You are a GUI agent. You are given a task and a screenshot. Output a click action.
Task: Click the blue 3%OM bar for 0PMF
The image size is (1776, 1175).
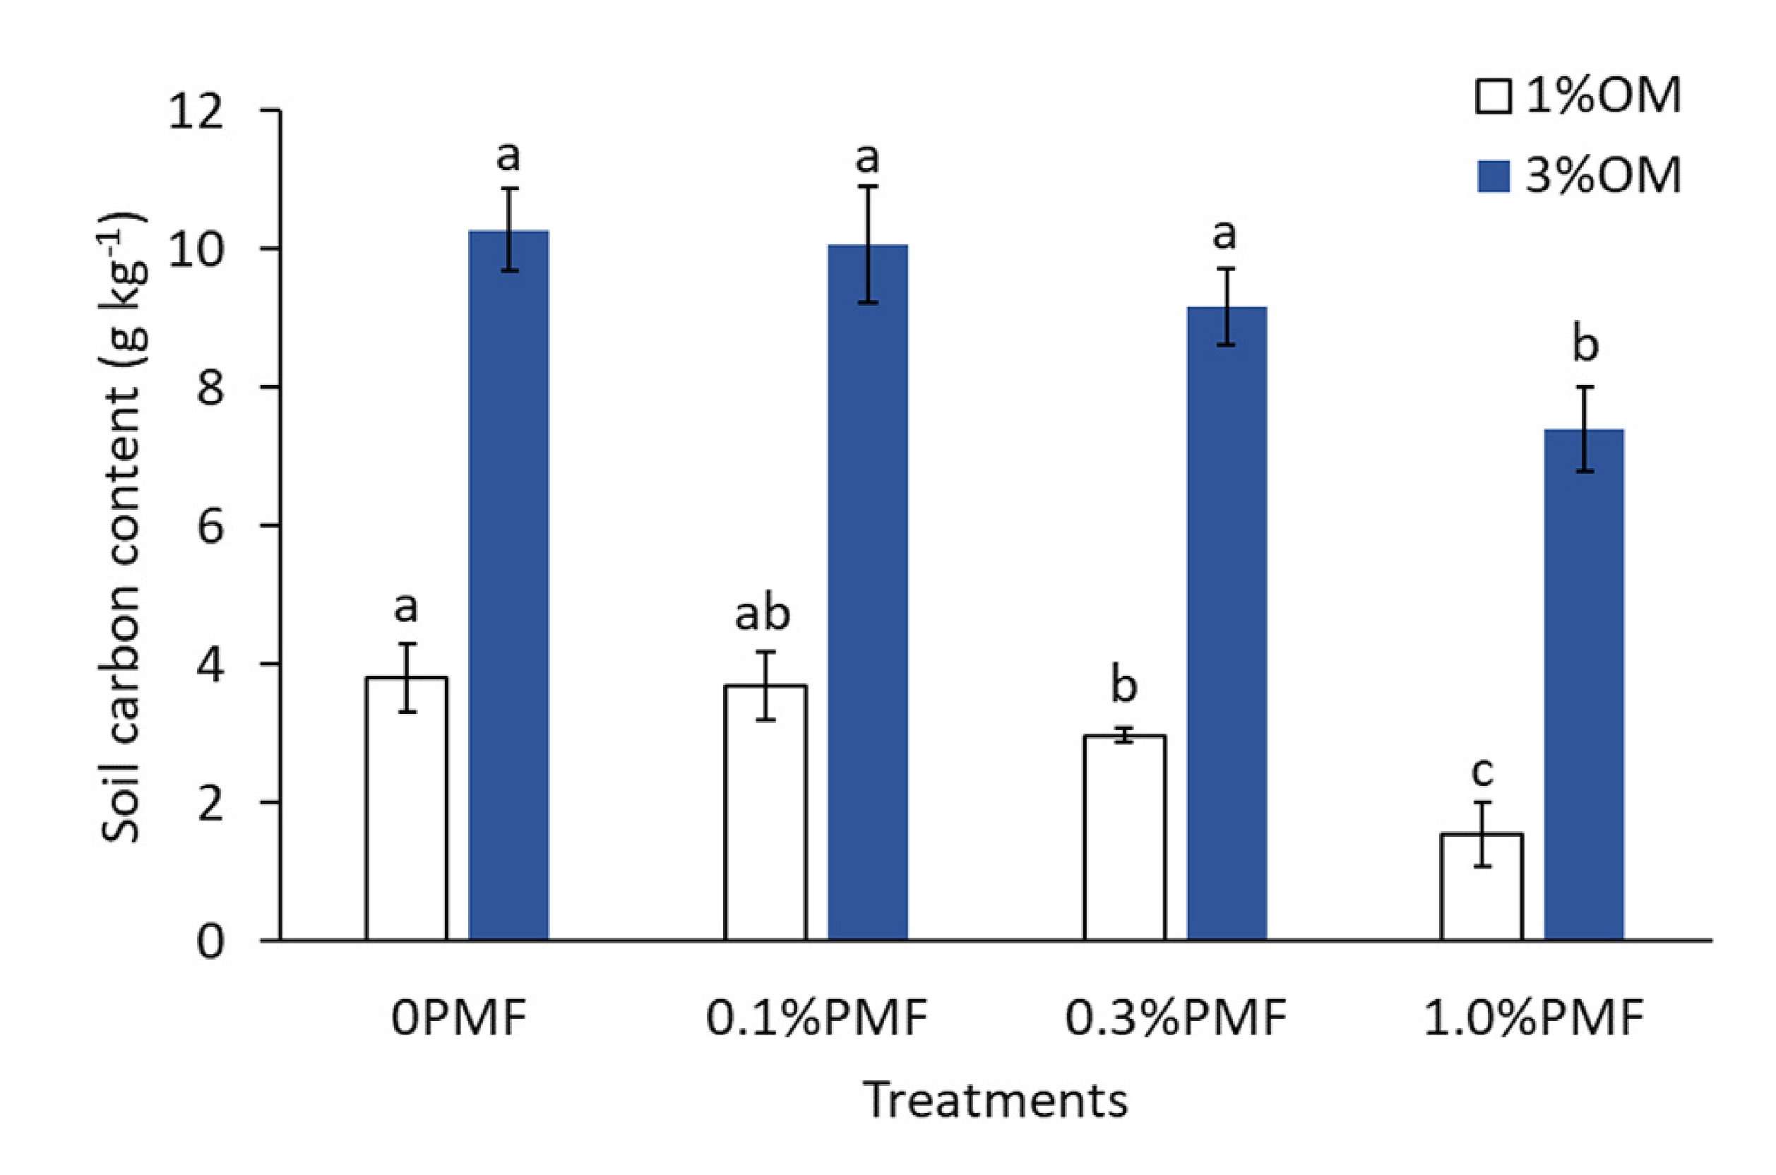tap(509, 585)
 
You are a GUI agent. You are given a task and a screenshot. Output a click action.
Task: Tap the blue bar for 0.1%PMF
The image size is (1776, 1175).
tap(868, 592)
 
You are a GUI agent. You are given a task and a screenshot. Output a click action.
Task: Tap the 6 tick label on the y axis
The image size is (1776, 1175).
tap(210, 527)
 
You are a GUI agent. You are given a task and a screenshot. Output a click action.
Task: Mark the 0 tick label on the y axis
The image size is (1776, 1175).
tap(210, 941)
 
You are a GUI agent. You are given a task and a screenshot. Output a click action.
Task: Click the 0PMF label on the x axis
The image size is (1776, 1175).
tap(458, 1018)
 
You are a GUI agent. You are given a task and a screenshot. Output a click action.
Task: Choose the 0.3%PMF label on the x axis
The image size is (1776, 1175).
tap(1175, 1018)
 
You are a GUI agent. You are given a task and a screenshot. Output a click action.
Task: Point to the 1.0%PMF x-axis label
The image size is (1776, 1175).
tap(1533, 1018)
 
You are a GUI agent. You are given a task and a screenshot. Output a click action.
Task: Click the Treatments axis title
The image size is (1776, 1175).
tap(996, 1101)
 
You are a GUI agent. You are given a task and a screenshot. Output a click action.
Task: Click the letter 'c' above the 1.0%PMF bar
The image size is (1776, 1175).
tap(1482, 772)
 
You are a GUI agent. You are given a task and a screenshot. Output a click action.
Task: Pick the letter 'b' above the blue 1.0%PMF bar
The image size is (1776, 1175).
tap(1584, 345)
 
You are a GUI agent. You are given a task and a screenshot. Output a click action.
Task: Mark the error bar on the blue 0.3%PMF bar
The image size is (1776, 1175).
tap(1226, 306)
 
